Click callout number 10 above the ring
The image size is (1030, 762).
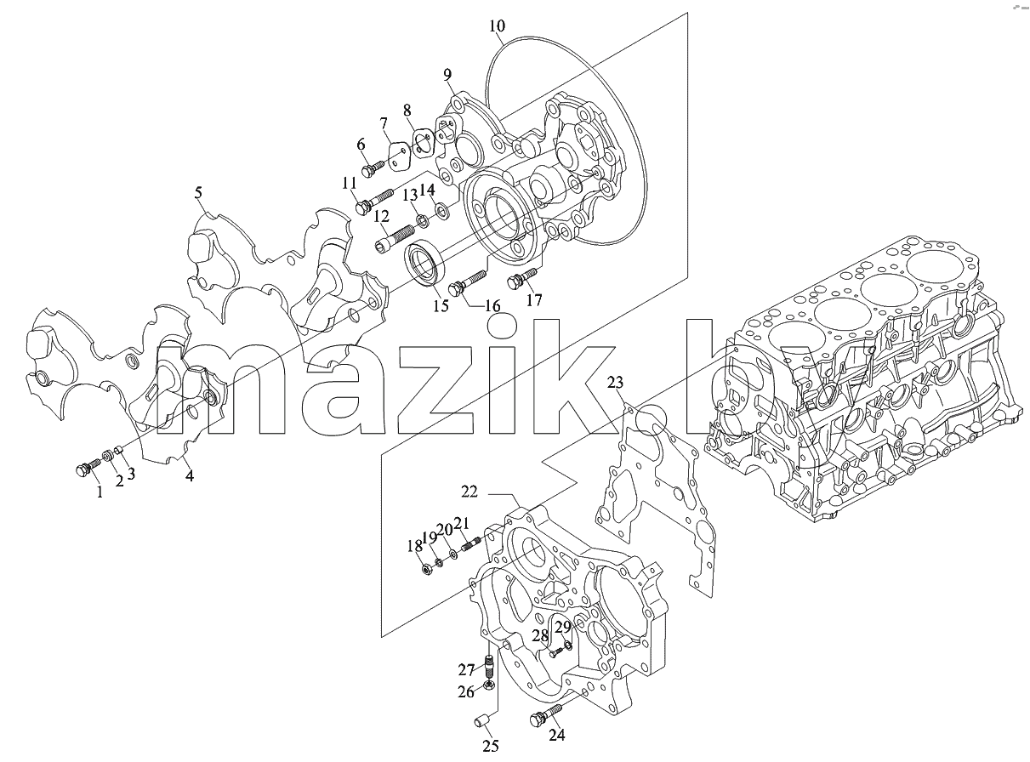pos(497,26)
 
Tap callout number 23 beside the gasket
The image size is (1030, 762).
pos(615,382)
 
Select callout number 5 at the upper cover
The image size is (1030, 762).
pos(198,192)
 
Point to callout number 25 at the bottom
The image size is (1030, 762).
pos(491,746)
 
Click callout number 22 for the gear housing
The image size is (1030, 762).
pos(469,492)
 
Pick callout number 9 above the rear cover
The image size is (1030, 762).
pos(447,74)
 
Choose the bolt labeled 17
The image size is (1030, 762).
pos(522,277)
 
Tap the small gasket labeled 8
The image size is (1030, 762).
pos(423,144)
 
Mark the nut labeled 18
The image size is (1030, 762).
pos(426,569)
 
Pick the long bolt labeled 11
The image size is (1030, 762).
pos(374,200)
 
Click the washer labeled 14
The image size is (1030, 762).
pos(441,210)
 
